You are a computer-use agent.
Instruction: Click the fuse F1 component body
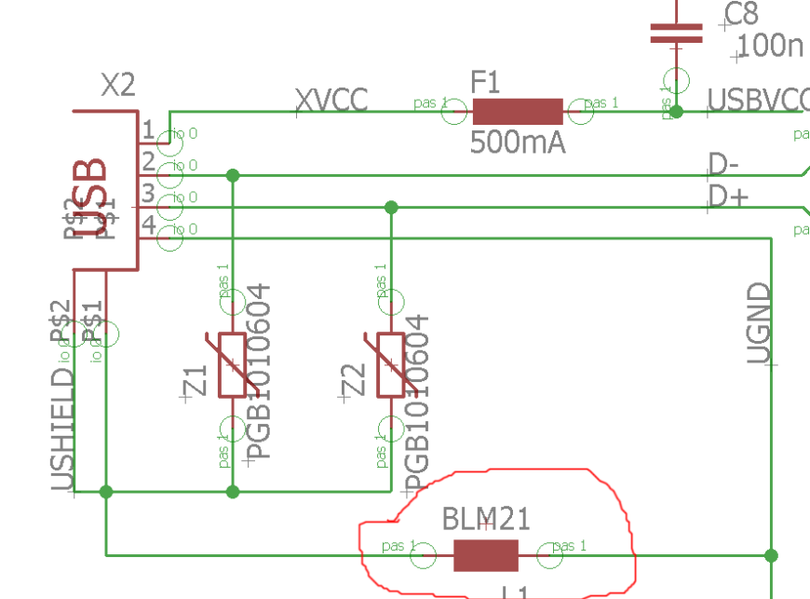[518, 112]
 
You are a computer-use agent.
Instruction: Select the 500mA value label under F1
[517, 143]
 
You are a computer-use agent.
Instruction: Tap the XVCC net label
[331, 100]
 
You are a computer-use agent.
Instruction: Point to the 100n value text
[770, 46]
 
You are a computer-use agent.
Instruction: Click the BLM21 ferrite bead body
[485, 555]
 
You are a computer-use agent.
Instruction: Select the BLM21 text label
[479, 518]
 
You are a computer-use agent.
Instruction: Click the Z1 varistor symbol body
[233, 364]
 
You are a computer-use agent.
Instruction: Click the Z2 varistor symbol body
[391, 364]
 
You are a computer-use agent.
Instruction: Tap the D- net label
[723, 165]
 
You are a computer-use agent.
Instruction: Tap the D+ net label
[725, 197]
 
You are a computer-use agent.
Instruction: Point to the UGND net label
[760, 323]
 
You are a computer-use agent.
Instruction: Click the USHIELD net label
[61, 429]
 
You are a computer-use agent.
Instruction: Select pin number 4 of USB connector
[148, 225]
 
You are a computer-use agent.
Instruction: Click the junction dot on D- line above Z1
[233, 175]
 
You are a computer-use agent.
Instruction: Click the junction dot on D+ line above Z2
[391, 207]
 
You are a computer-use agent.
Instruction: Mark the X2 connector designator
[117, 86]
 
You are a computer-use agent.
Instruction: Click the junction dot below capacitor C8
[677, 112]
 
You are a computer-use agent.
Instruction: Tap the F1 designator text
[485, 83]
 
